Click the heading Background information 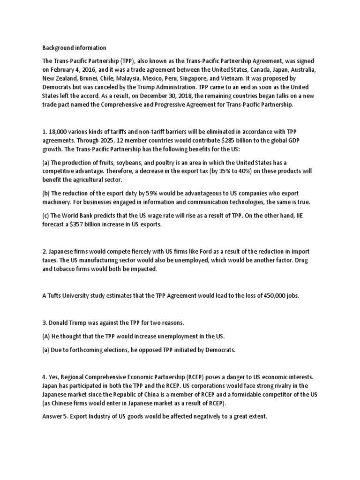(75, 48)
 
